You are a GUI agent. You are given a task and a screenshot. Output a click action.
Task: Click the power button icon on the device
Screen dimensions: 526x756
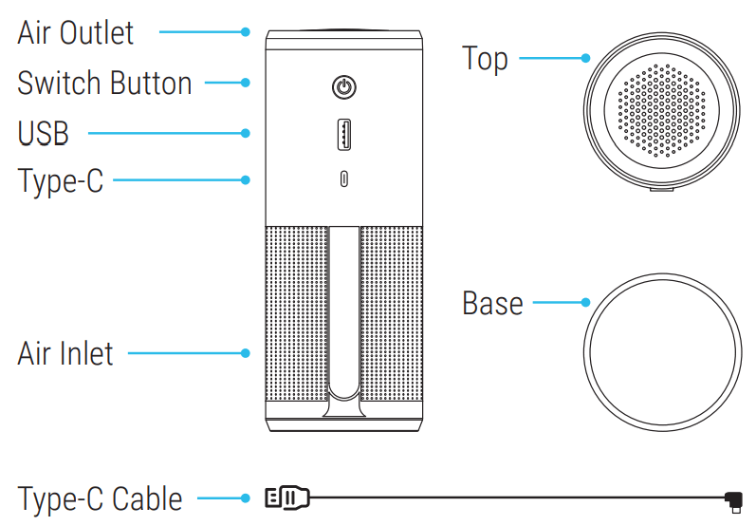click(344, 88)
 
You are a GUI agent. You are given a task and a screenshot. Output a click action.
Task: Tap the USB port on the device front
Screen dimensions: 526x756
click(344, 133)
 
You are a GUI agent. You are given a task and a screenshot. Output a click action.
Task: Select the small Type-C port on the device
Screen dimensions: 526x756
click(344, 178)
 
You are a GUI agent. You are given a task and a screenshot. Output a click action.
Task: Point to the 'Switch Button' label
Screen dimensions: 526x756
click(104, 83)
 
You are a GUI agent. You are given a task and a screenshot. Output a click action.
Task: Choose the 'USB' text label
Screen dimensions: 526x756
click(43, 133)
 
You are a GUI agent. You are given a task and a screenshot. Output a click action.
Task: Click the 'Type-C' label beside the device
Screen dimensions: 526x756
click(61, 179)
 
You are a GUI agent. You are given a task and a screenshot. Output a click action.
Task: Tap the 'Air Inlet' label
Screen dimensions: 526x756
click(65, 353)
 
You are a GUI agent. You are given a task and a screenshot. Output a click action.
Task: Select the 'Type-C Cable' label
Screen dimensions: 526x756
click(100, 498)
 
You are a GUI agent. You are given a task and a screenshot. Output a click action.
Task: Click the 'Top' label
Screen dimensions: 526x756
click(485, 58)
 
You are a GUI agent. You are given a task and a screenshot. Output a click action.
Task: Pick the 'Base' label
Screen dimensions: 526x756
click(492, 304)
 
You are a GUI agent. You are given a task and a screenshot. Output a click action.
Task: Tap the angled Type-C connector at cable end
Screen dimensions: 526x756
click(732, 498)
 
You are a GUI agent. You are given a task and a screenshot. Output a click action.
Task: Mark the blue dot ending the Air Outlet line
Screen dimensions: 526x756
click(246, 32)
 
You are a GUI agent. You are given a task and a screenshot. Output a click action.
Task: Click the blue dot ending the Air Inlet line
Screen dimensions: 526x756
click(246, 353)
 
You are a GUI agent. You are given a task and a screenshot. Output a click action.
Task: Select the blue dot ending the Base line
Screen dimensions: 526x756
click(586, 304)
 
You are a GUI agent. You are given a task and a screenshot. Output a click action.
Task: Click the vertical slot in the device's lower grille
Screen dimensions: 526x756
click(344, 313)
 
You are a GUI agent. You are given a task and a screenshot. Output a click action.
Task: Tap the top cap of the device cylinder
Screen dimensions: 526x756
click(344, 39)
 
